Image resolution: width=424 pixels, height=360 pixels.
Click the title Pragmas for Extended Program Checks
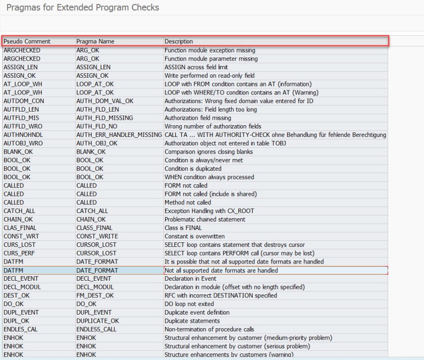pos(83,8)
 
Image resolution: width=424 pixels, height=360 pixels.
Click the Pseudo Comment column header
pos(27,41)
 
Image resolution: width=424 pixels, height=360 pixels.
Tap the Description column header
pos(179,41)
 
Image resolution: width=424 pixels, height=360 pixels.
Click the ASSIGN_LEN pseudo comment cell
pos(22,67)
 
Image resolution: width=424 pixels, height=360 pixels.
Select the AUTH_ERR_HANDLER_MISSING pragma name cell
pos(119,135)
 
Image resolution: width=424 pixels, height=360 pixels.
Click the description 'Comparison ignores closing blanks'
pos(208,151)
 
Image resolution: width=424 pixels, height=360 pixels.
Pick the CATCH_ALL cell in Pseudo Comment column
pos(20,211)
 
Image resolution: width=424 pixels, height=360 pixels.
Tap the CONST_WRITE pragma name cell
pos(98,236)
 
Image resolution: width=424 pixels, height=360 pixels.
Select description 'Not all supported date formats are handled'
pos(221,270)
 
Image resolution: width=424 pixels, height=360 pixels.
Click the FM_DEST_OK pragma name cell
pos(95,295)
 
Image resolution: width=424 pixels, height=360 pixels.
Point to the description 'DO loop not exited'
pos(189,304)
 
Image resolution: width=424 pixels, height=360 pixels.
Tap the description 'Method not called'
pos(188,202)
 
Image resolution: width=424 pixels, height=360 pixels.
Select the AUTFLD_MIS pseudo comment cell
pos(21,118)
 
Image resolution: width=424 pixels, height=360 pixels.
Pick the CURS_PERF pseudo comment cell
pos(21,253)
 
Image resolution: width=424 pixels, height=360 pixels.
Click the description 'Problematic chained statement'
pos(205,219)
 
